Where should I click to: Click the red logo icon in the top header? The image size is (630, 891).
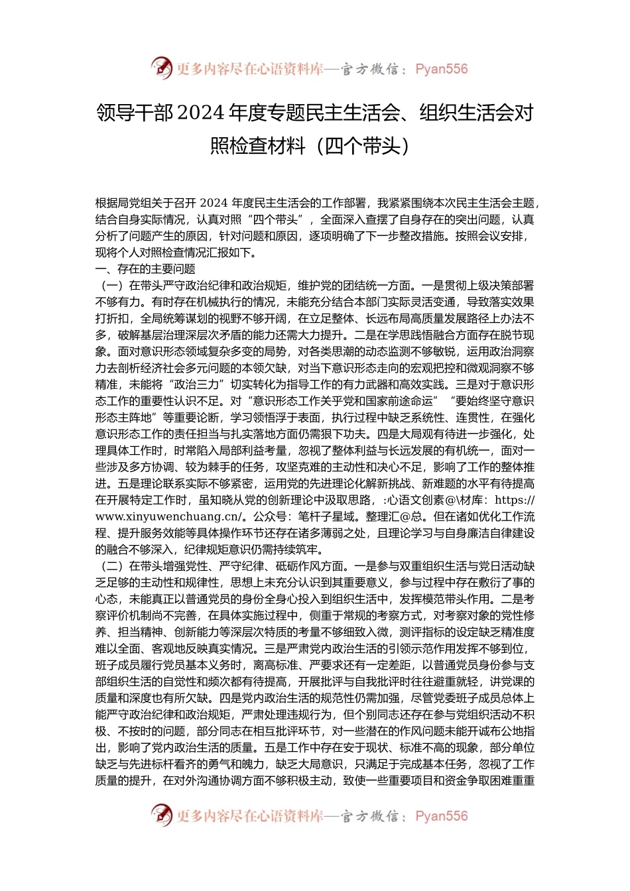click(x=162, y=68)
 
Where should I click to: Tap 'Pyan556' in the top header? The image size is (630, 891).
click(x=441, y=69)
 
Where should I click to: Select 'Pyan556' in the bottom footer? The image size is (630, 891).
click(x=441, y=816)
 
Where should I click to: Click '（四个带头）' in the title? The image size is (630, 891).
click(x=363, y=145)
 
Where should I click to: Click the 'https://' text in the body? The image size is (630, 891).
click(x=515, y=500)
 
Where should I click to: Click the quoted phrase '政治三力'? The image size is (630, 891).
click(x=201, y=385)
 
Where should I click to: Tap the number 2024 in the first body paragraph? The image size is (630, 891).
click(x=214, y=203)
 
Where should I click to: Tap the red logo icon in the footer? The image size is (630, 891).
click(x=162, y=815)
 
